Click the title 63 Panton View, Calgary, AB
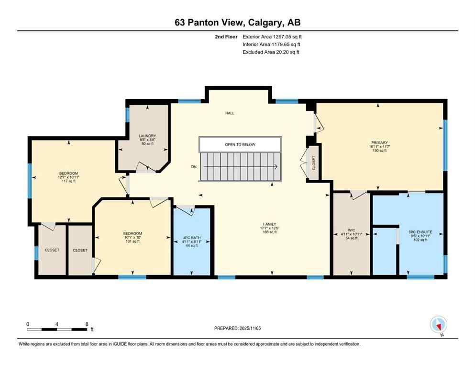click(237, 22)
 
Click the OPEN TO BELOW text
click(240, 144)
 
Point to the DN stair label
click(194, 167)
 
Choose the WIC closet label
click(352, 234)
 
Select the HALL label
click(230, 113)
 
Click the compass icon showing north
click(438, 324)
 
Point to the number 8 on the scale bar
click(87, 324)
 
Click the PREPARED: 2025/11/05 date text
click(237, 328)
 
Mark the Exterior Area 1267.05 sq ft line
click(272, 36)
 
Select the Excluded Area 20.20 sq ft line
click(271, 52)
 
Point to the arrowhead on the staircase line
click(276, 167)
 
